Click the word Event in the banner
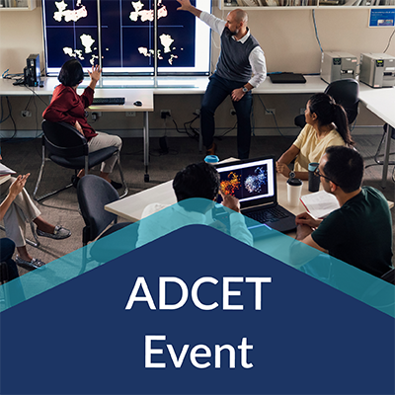pyautogui.click(x=197, y=349)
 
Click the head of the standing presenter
pyautogui.click(x=237, y=20)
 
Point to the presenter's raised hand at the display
pyautogui.click(x=184, y=5)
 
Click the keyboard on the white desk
pyautogui.click(x=109, y=100)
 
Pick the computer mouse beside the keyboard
pyautogui.click(x=138, y=103)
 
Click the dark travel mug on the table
pyautogui.click(x=314, y=177)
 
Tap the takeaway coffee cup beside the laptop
pyautogui.click(x=293, y=191)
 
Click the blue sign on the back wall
pyautogui.click(x=381, y=17)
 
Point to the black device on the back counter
pyautogui.click(x=287, y=77)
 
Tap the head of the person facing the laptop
pyautogui.click(x=197, y=182)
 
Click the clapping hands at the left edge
pyautogui.click(x=17, y=184)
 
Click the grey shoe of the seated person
pyautogui.click(x=55, y=232)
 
